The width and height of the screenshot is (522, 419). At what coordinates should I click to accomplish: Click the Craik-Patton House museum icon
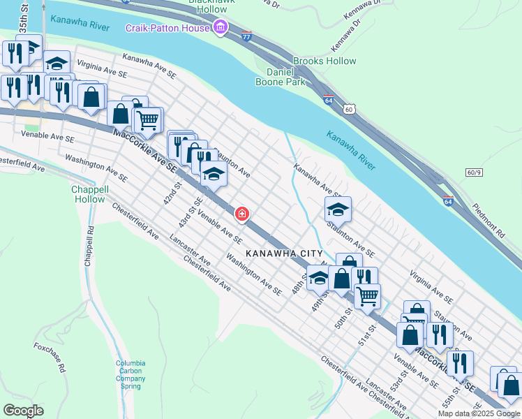(221, 28)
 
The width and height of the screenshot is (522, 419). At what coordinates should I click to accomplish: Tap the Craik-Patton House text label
(167, 28)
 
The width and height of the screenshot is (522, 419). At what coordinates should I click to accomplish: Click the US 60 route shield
(349, 109)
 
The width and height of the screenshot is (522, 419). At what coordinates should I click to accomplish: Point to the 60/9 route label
(475, 172)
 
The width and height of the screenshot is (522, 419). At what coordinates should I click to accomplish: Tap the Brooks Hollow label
(325, 61)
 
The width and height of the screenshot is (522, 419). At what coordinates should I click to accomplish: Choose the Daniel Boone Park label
(287, 77)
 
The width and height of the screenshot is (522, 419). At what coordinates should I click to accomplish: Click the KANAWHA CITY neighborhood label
(283, 253)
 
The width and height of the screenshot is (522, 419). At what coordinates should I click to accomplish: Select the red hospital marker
(242, 214)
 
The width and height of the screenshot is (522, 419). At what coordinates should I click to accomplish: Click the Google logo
(23, 411)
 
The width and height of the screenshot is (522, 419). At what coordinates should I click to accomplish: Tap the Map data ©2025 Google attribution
(479, 413)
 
